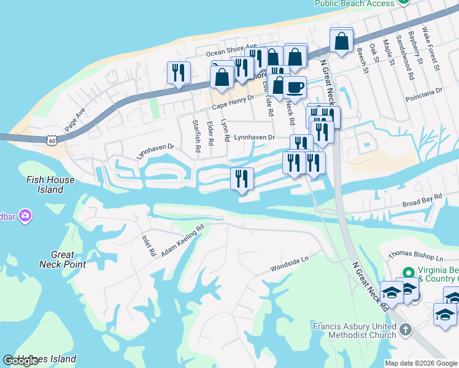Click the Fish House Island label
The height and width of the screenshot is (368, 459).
tap(50, 185)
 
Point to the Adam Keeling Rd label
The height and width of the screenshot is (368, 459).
tap(182, 242)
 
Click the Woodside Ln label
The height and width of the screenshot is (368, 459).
tap(290, 265)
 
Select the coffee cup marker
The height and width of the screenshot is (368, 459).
tap(295, 87)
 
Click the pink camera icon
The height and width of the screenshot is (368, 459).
tap(25, 215)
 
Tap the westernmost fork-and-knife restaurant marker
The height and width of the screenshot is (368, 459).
tap(179, 72)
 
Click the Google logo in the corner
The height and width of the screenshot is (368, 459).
tap(20, 361)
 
